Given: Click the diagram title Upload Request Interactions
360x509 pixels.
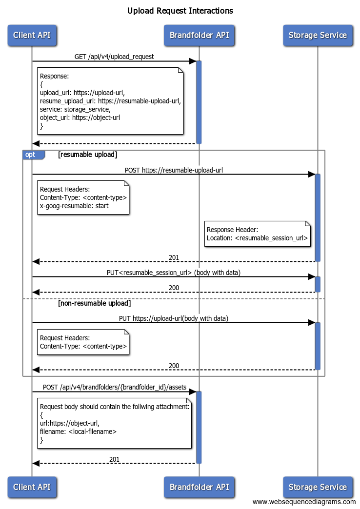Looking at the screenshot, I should [180, 11].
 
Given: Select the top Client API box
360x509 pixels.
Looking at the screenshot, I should [32, 35].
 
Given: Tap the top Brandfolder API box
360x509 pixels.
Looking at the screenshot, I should [199, 35].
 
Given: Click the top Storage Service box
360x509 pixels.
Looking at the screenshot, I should [318, 35].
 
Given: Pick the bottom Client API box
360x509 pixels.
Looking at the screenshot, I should [32, 487].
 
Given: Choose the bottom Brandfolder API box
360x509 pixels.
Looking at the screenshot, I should [199, 487].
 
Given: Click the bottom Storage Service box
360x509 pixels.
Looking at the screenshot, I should [318, 487].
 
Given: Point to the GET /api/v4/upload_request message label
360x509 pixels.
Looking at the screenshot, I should [114, 57].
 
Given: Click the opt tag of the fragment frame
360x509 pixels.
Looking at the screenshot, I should [31, 155].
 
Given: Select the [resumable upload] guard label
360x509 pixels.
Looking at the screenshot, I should [87, 155].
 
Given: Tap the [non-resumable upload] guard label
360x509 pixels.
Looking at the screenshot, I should [94, 303].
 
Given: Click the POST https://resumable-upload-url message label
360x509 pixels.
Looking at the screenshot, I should [174, 170].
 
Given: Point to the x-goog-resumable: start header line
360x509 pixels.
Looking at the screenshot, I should [74, 206].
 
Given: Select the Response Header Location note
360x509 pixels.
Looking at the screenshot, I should [257, 234].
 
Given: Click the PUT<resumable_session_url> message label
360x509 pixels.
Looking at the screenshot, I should [174, 273].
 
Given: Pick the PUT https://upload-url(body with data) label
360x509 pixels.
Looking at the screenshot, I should [174, 318].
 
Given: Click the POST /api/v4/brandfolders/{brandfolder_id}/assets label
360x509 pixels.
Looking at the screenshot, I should [115, 387].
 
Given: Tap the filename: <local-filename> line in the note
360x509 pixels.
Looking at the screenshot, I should [78, 431].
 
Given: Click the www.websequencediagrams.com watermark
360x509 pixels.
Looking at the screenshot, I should [304, 502].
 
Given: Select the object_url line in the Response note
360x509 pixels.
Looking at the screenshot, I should [80, 117].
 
